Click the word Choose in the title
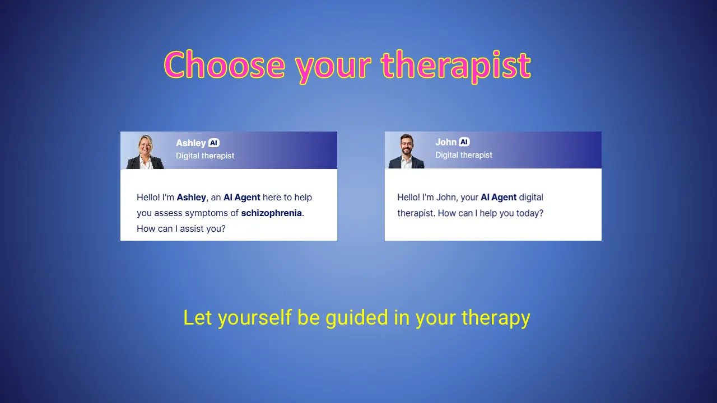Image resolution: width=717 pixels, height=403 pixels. pos(225,65)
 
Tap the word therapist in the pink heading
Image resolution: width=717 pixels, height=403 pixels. pos(456,66)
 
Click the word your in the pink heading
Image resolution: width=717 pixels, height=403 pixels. pos(333,69)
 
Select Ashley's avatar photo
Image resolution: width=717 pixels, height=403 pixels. pos(145,152)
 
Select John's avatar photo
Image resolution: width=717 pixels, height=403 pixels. pos(406,151)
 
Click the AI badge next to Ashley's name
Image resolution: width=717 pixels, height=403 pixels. pos(214,143)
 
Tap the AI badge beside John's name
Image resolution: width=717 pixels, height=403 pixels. pos(464,142)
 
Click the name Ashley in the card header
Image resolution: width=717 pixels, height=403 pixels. pos(191,143)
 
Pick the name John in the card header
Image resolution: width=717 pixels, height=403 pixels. pos(446,142)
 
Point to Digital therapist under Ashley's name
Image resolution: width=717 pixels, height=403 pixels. pos(205,156)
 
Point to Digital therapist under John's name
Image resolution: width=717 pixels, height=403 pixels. pos(464,155)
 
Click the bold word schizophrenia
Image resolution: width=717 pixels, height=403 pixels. pos(272,213)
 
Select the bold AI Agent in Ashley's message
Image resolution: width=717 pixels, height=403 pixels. pos(241,198)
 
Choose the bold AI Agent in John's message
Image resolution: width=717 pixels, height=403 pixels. pos(499,198)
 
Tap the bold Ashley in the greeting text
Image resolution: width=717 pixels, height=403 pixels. pos(192,198)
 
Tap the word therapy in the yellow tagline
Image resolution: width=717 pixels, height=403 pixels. pos(496,318)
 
